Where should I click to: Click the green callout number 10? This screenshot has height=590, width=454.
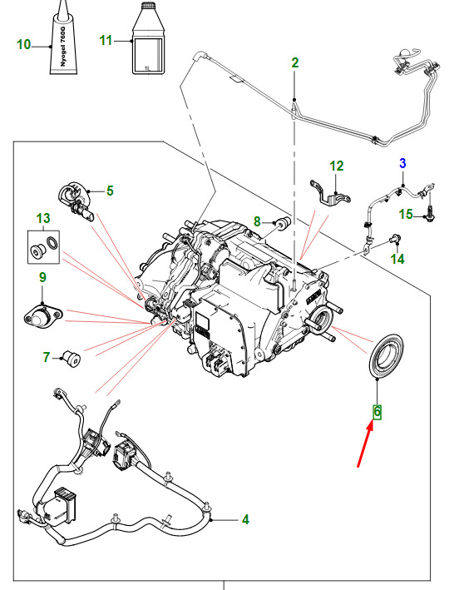23,44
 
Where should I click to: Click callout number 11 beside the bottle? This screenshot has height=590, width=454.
106,40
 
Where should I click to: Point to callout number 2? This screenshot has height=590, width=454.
295,62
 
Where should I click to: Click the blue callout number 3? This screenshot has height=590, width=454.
402,163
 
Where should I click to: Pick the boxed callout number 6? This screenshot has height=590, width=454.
378,412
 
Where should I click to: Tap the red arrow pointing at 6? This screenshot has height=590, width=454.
365,444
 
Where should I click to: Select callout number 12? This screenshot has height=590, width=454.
337,166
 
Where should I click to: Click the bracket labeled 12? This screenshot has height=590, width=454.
330,194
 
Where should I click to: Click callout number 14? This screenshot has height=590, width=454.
397,259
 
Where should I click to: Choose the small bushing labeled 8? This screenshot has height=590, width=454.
283,222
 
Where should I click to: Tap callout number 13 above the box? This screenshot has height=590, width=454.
43,218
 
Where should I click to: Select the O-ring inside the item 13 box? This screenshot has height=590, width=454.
52,243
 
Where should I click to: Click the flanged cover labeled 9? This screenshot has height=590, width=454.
42,316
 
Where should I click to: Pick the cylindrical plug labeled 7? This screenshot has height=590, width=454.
72,359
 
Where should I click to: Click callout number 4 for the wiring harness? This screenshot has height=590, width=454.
245,519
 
